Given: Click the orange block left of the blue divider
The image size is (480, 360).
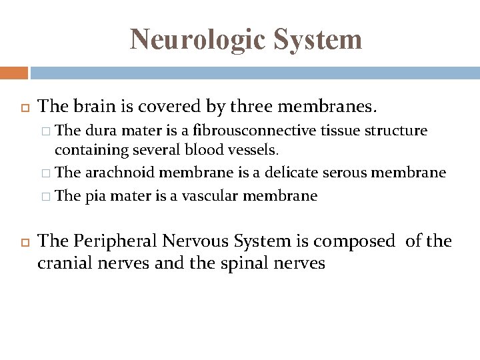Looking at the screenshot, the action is click(13, 73).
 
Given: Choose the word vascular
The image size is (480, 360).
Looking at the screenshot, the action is click(200, 196).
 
